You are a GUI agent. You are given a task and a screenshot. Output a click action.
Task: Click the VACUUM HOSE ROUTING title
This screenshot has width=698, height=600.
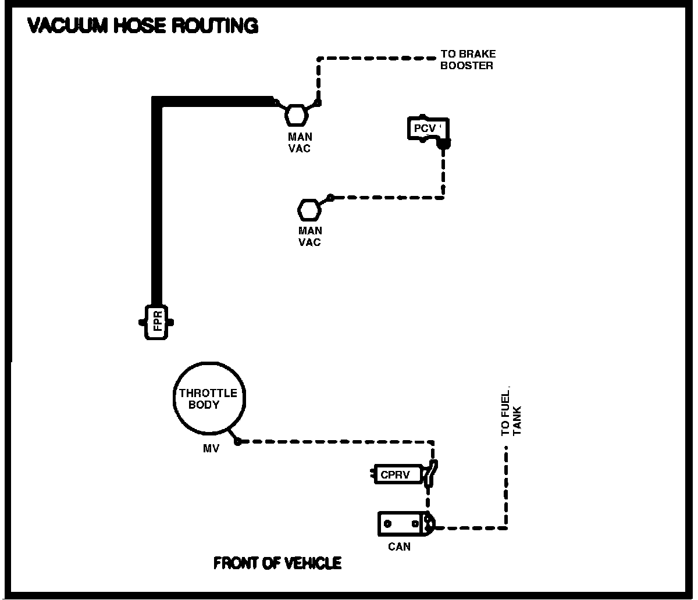(x=143, y=26)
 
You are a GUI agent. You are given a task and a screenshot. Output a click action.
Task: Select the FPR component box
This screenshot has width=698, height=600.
(x=158, y=322)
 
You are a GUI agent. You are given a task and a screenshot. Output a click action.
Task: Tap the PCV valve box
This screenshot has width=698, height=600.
(x=425, y=128)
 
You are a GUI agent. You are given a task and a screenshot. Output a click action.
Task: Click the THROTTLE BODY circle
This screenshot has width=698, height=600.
(x=208, y=399)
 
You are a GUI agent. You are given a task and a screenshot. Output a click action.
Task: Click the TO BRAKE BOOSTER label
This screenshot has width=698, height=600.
(x=468, y=60)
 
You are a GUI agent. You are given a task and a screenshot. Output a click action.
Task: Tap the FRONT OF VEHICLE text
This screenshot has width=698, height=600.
(x=277, y=563)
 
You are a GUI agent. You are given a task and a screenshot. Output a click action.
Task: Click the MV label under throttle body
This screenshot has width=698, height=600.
(x=211, y=448)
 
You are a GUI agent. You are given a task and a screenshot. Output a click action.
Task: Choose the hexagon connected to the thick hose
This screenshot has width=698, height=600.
(x=296, y=115)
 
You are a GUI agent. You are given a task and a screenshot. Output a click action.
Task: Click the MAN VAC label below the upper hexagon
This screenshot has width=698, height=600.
(x=300, y=142)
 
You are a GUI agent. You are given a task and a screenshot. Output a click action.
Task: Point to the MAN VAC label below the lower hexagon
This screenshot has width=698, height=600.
(x=309, y=237)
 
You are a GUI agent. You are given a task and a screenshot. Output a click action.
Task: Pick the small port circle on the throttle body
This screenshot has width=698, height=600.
(x=237, y=442)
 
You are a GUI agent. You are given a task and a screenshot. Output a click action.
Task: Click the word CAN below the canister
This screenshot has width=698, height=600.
(x=399, y=547)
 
